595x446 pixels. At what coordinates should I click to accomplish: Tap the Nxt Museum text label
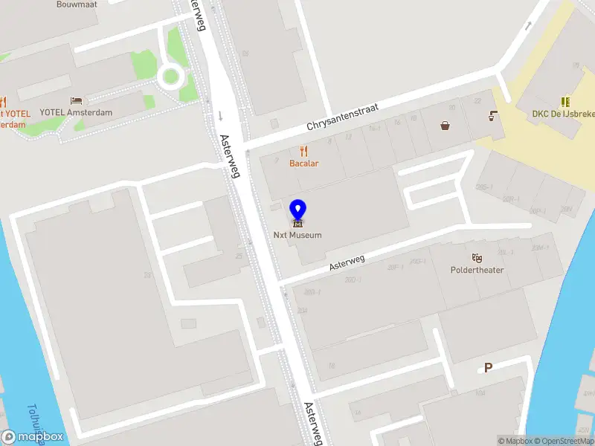coord(297,236)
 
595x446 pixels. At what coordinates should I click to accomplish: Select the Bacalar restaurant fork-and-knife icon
coord(304,150)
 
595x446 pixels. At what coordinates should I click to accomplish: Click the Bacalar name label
coord(304,163)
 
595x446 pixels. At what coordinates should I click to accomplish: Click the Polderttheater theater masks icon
coord(477,257)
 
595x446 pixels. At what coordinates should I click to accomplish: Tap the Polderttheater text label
coord(477,270)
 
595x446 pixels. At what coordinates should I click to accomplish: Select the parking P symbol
coord(489,367)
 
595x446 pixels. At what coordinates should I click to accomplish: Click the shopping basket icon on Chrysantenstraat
coord(445,126)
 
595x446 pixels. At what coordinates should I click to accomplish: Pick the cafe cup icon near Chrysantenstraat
coord(492,115)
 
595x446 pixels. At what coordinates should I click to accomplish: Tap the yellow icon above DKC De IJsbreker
coord(565,102)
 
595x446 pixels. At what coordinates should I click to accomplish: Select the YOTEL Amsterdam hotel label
coord(76,112)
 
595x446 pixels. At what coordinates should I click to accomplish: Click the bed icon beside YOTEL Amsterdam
coord(76,100)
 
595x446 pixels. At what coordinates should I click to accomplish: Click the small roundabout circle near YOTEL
coord(170,76)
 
